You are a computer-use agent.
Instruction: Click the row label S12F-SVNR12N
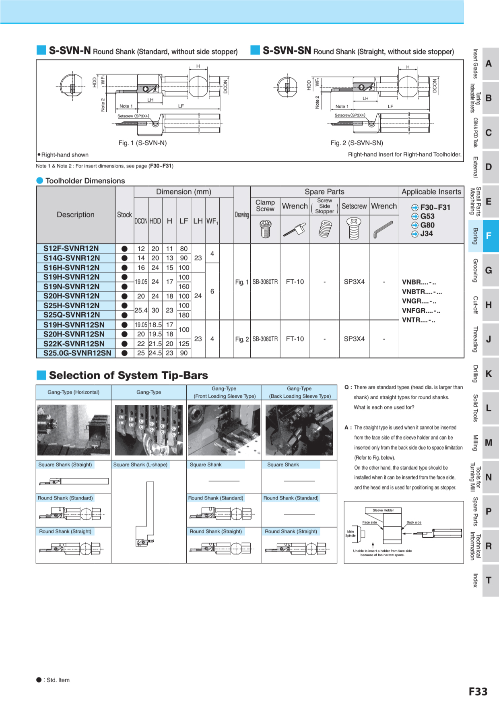click(71, 248)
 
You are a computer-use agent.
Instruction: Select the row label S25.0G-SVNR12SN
click(77, 353)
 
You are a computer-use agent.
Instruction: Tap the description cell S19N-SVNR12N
click(71, 286)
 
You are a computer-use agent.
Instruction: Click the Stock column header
click(124, 215)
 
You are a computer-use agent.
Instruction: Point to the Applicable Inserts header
click(431, 192)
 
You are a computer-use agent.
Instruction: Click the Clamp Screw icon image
click(265, 229)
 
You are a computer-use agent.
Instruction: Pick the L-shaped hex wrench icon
click(384, 229)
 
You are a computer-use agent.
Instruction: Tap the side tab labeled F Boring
click(488, 236)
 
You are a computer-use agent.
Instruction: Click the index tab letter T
click(489, 580)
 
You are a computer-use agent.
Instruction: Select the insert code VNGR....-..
click(419, 301)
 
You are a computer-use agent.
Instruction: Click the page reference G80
click(427, 225)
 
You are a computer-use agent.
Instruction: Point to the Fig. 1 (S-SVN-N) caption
click(142, 143)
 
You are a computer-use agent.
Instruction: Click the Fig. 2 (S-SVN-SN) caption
click(357, 143)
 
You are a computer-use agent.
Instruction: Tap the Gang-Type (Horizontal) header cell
click(73, 392)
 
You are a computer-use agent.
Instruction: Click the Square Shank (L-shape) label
click(140, 464)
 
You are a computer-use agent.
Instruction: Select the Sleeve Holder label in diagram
click(383, 510)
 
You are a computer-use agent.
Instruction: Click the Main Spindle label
click(351, 533)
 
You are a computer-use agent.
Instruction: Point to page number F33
click(478, 692)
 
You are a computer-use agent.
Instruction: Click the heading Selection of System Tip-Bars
click(128, 375)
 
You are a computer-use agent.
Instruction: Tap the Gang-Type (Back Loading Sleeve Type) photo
click(299, 430)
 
